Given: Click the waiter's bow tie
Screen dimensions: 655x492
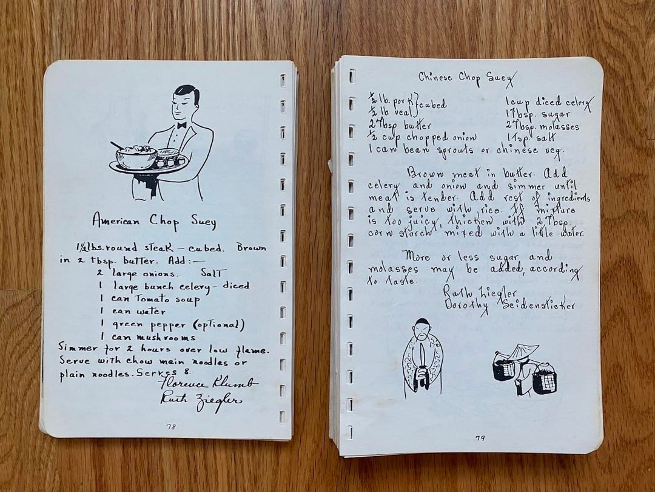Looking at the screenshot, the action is click(x=181, y=125).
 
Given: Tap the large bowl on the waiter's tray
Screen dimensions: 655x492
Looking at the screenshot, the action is click(x=136, y=157).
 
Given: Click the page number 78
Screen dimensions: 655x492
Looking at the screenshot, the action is click(x=171, y=427).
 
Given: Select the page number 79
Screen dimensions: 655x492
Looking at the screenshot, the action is click(x=480, y=438).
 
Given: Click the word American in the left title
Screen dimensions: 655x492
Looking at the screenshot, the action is click(x=116, y=220).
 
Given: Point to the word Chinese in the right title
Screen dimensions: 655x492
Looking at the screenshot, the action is click(x=435, y=77).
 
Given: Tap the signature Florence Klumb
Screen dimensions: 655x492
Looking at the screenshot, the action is click(x=207, y=383).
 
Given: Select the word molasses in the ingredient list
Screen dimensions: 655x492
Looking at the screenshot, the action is click(x=558, y=126).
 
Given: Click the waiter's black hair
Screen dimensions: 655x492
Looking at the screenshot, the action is click(x=187, y=93).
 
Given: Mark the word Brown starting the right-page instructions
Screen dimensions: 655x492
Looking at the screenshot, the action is click(x=423, y=173).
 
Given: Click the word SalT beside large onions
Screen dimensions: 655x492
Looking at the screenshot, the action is click(x=213, y=273).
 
